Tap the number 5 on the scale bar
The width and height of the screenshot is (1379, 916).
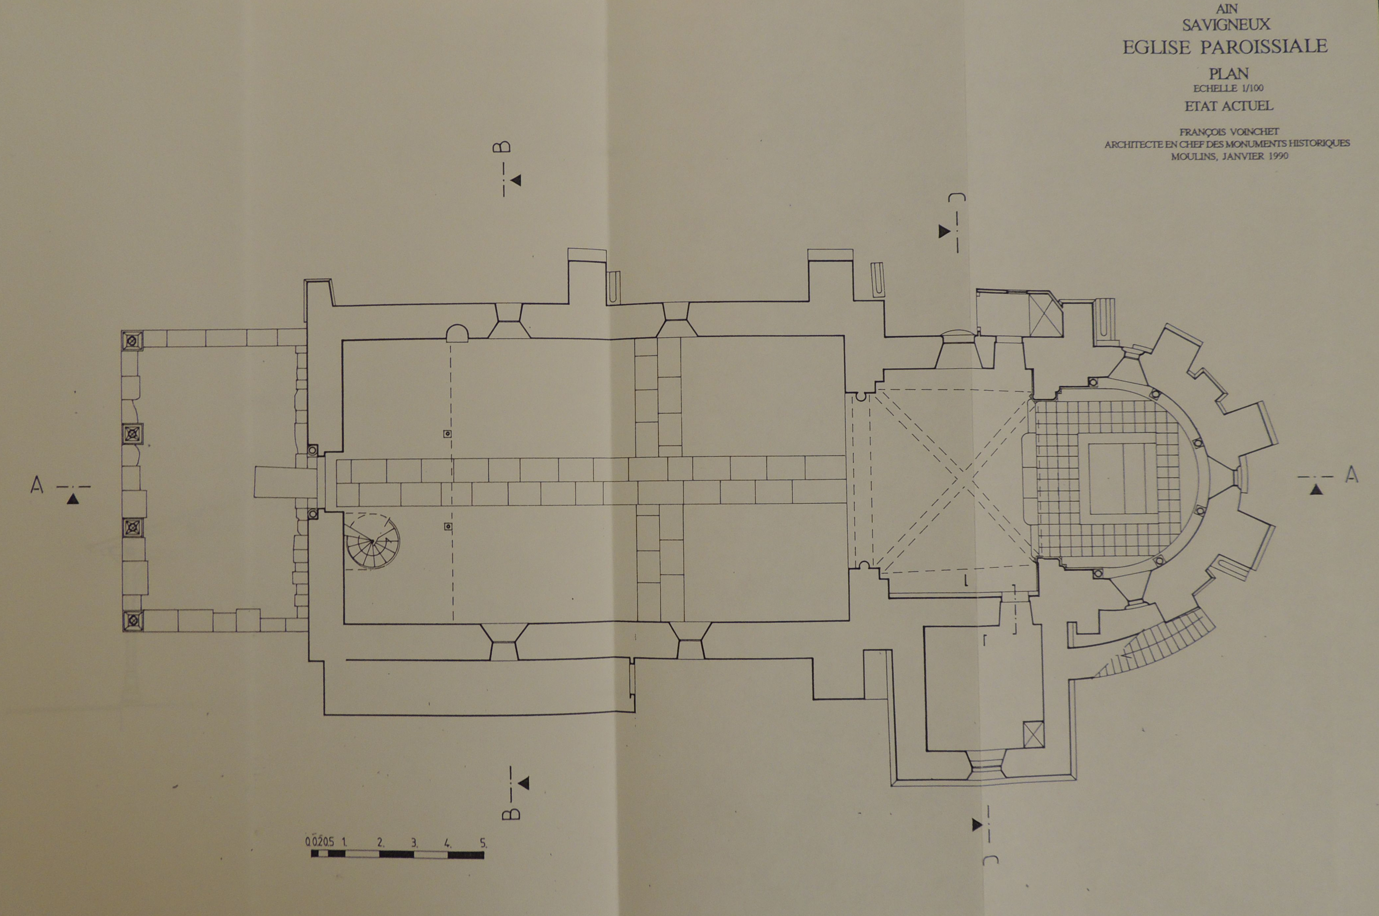pos(483,843)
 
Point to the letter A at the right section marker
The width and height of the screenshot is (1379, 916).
pos(1352,475)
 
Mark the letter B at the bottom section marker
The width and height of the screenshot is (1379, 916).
pos(511,813)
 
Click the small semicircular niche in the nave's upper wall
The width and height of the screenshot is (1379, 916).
pos(457,333)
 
